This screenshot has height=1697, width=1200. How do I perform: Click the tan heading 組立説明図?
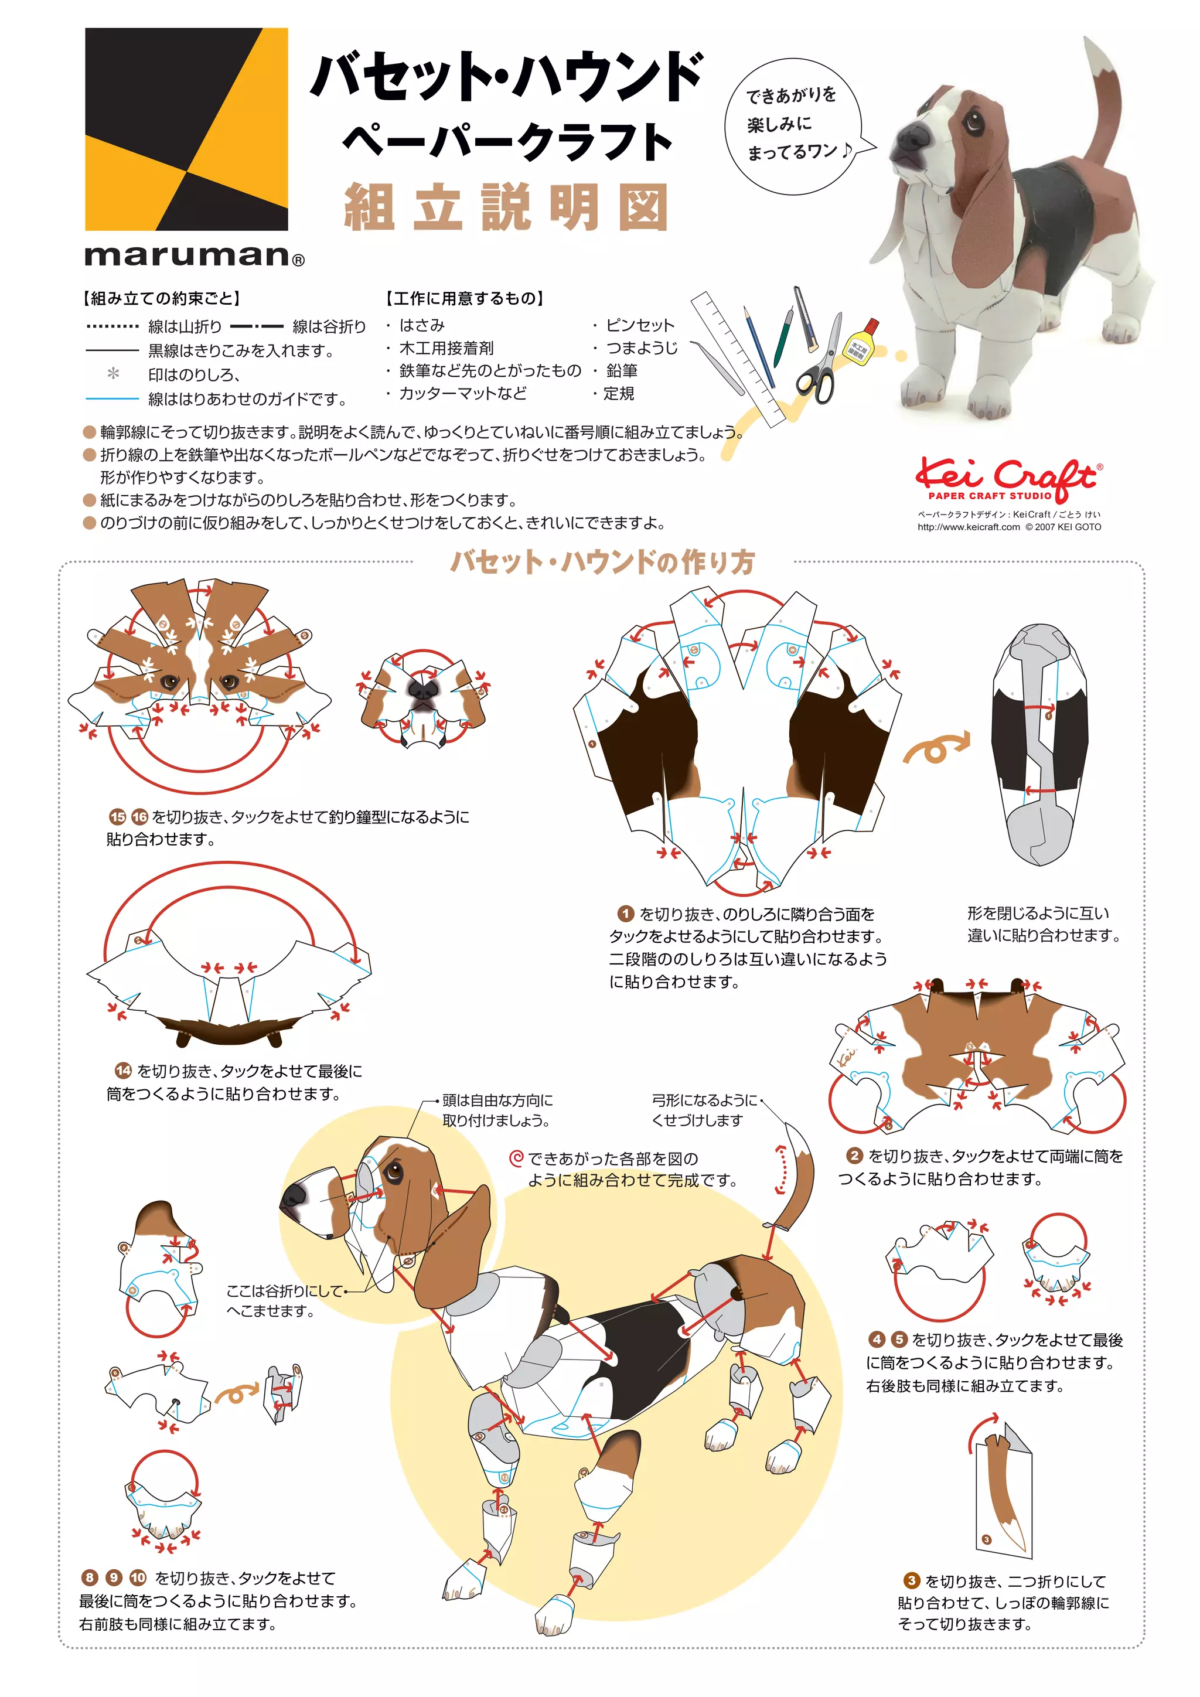507,207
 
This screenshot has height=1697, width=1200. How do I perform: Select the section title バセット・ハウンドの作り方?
603,563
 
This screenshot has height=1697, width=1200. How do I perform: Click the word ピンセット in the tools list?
640,325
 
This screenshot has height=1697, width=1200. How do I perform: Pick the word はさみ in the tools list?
422,325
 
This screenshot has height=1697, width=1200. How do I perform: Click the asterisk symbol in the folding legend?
113,374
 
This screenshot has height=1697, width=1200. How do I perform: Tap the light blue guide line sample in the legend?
112,399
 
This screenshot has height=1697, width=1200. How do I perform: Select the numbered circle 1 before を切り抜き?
625,914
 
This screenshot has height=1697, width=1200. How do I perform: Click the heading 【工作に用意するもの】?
464,299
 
